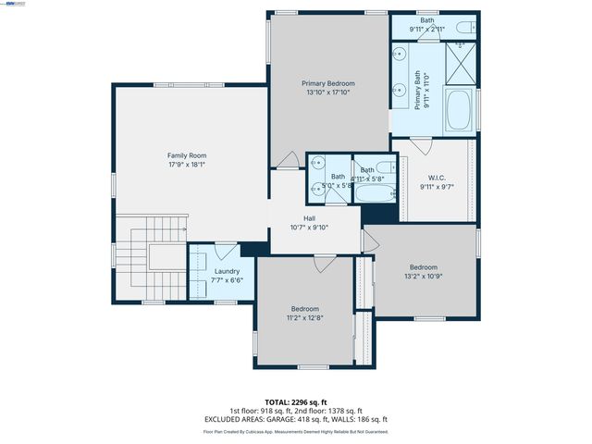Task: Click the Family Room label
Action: (x=186, y=155)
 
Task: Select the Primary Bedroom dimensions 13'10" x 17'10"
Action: (x=328, y=92)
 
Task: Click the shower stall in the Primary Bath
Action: (x=460, y=62)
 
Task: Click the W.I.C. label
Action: (x=438, y=177)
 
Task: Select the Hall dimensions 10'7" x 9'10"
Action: (x=309, y=227)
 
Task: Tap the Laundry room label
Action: (x=227, y=271)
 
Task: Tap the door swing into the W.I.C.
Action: (x=421, y=145)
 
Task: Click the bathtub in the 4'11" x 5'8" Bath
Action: (x=376, y=193)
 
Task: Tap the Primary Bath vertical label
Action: (x=417, y=91)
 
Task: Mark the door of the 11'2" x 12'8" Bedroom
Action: (x=324, y=264)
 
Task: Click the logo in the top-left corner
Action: (x=15, y=4)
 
